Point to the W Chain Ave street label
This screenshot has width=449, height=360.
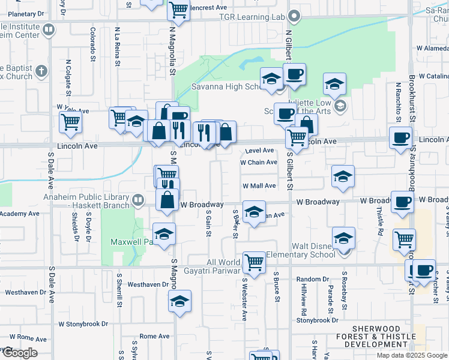coord(259,163)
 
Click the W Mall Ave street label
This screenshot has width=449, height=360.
coord(259,186)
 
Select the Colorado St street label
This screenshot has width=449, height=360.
coord(93,44)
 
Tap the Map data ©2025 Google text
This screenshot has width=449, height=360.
coord(412,355)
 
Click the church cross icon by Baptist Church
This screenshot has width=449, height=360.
coord(41,71)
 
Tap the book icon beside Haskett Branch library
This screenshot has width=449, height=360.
coord(138,199)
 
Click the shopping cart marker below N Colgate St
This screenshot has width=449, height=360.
coord(71,122)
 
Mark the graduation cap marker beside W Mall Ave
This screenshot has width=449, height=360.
coord(343,176)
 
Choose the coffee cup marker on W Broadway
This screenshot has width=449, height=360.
coord(402,202)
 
